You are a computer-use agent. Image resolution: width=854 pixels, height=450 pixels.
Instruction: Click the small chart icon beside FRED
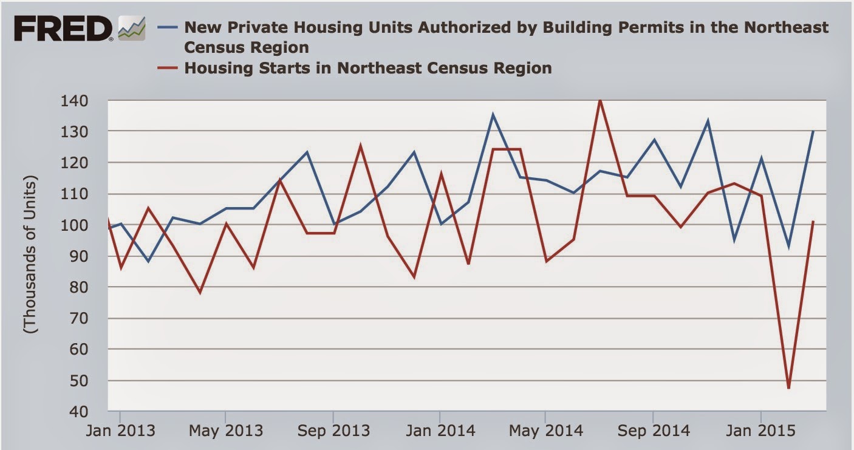(132, 29)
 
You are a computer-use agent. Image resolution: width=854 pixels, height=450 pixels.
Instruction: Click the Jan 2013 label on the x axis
(120, 431)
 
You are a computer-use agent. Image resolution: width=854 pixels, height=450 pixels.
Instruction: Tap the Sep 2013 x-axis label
(333, 431)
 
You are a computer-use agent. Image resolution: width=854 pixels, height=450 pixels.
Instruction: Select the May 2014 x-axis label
(545, 431)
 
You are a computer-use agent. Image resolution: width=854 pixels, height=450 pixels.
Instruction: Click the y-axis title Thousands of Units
(30, 255)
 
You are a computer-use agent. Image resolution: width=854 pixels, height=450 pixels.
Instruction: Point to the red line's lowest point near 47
(788, 388)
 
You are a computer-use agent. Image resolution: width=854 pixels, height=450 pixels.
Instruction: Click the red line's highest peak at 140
(600, 100)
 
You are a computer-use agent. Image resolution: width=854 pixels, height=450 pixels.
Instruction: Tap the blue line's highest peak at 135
(493, 114)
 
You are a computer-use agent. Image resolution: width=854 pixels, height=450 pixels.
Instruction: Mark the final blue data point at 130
(813, 131)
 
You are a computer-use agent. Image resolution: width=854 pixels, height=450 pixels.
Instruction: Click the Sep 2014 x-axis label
(653, 431)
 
